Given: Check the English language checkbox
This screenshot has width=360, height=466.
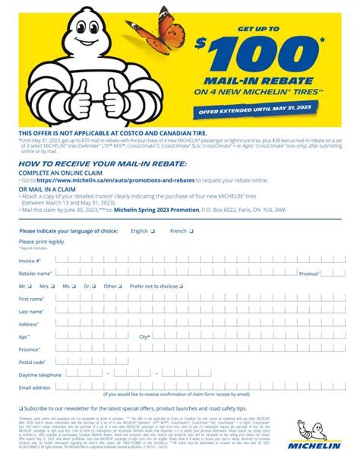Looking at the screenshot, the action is tap(153, 230).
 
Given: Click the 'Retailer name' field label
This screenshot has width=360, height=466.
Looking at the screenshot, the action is tap(35, 273).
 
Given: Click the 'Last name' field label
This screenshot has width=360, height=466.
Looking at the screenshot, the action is tap(31, 312).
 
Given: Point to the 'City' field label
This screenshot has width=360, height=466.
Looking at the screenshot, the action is tap(144, 337).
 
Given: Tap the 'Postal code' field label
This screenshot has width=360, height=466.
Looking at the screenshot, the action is tap(33, 362).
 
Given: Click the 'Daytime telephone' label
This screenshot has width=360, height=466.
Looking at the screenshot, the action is tap(39, 375).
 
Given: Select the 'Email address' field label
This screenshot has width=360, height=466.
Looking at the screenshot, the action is tap(35, 388).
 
